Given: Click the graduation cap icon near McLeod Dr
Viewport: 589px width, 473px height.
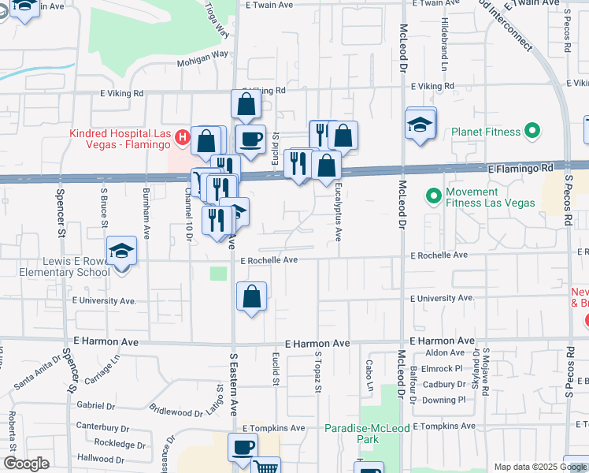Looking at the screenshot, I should coord(420,125).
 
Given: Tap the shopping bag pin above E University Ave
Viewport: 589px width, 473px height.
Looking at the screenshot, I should coord(251,297).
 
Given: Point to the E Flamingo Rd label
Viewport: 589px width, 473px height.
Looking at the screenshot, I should coord(520,168).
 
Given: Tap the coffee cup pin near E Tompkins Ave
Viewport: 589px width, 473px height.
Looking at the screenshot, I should coord(243,447).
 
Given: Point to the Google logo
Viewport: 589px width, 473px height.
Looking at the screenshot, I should coord(26,464).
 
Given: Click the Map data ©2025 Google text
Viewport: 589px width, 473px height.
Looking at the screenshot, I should coord(540,467).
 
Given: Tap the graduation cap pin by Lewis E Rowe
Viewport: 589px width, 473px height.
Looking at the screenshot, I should coord(122,252).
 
